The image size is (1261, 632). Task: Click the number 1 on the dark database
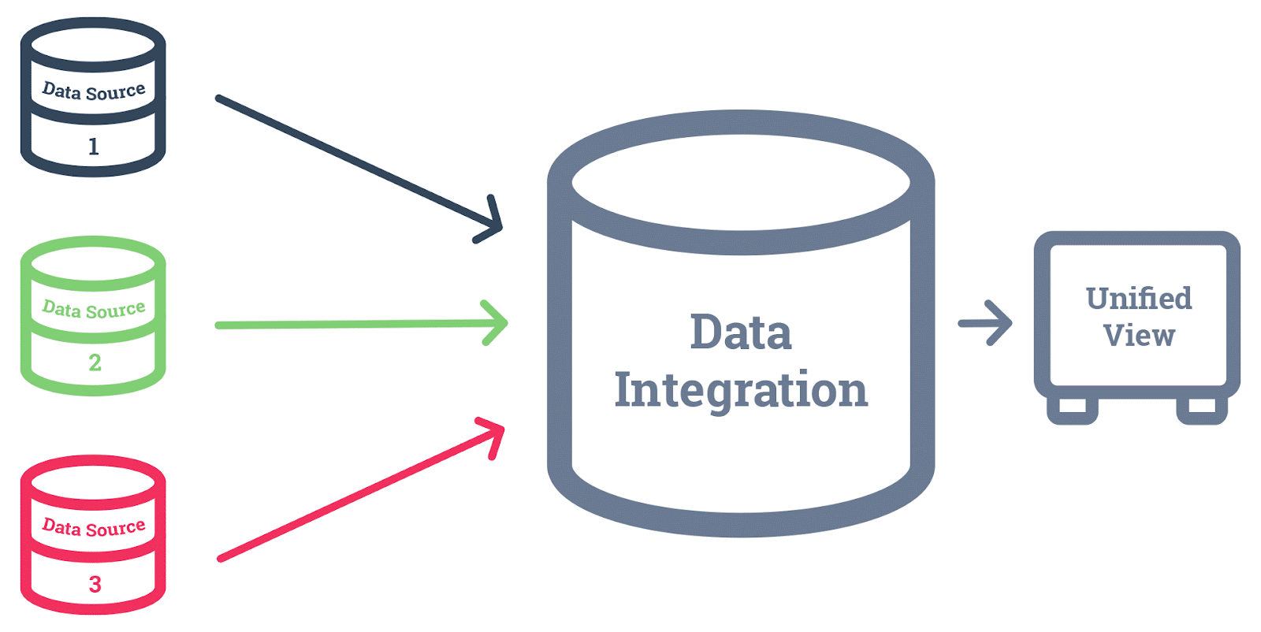93,147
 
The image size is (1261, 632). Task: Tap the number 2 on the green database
95,362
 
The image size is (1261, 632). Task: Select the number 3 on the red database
95,584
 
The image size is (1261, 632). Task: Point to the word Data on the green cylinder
61,307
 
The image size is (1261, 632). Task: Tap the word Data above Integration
741,333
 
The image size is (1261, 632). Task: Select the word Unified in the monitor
1138,299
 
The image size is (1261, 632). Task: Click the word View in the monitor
1139,336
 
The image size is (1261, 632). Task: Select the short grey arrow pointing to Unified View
985,323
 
